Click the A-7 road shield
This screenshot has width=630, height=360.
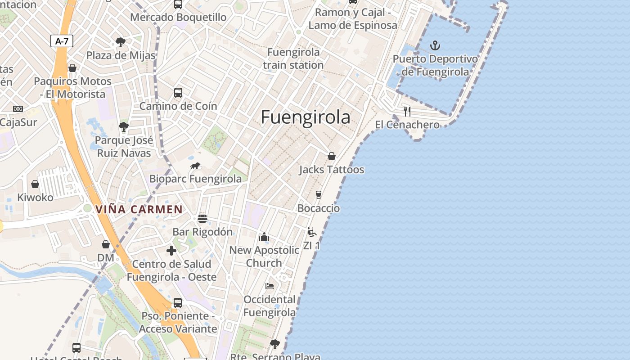point(62,41)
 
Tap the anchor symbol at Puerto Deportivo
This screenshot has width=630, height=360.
point(435,45)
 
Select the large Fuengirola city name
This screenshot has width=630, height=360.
point(306,117)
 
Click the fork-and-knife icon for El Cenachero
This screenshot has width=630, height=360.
point(407,111)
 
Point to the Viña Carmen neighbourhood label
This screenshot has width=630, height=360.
point(139,209)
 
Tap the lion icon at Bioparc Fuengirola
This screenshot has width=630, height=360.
point(195,166)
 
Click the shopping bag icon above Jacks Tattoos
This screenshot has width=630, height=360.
point(332,156)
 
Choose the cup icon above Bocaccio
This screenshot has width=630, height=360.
point(319,194)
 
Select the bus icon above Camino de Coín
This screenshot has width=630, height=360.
point(178,93)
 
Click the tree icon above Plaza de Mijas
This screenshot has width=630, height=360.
point(121,42)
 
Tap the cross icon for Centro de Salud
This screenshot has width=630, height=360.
point(171,251)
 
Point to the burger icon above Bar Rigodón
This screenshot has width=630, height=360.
point(202,219)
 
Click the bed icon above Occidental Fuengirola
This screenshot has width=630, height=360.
point(270,286)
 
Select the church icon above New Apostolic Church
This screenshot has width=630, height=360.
point(264,237)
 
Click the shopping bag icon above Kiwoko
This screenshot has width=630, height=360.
point(35,184)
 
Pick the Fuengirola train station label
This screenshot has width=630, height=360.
point(293,58)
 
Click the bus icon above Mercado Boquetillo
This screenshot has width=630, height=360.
point(178,4)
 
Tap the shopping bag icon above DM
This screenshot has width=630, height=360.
point(106,244)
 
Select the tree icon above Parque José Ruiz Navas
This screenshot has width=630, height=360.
point(124,127)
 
